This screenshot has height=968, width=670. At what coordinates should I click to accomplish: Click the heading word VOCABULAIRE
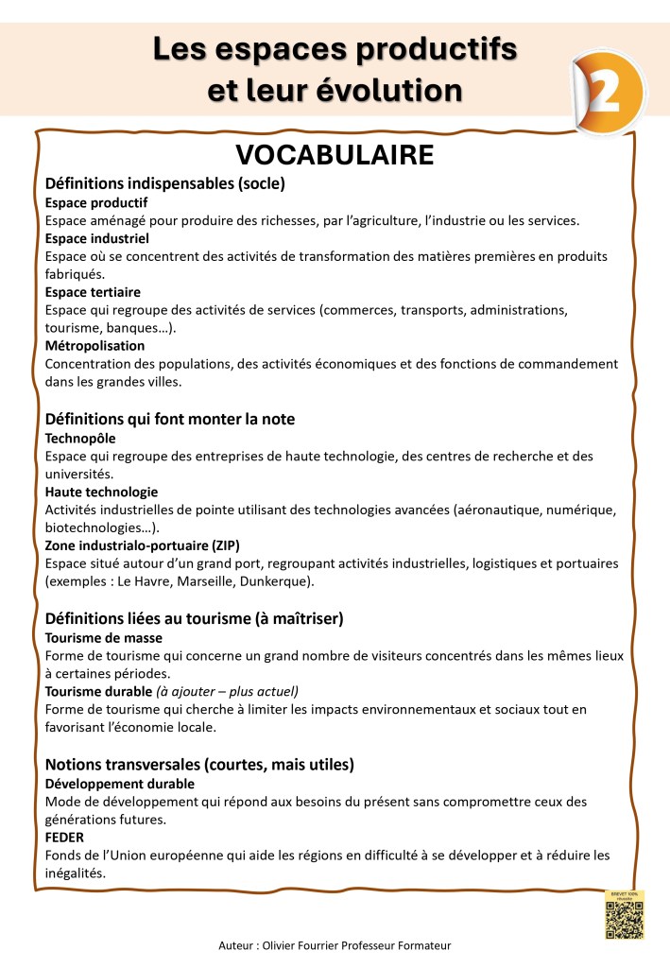pos(335,154)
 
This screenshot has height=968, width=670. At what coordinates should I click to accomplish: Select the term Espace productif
pos(96,202)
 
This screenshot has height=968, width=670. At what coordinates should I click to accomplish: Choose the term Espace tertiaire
pos(93,292)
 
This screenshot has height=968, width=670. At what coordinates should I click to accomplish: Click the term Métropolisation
pos(94,346)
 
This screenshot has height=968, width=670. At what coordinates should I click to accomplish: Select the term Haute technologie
pos(101,493)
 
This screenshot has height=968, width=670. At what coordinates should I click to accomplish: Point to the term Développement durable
pos(120,784)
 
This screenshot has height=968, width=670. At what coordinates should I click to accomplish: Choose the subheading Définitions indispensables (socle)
pos(165,182)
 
